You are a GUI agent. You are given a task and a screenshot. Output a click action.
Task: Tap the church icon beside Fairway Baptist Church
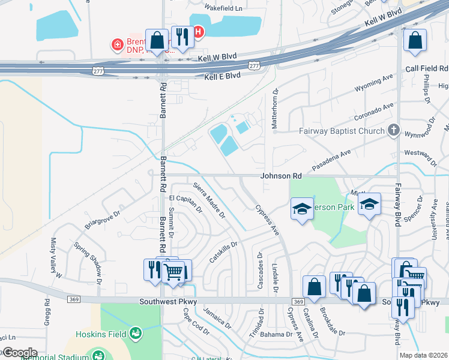[393, 130]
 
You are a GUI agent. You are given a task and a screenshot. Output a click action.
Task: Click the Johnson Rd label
[281, 176]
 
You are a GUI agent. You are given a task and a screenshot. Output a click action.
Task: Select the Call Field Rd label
[427, 69]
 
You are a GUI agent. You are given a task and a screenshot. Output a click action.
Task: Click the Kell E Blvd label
[222, 76]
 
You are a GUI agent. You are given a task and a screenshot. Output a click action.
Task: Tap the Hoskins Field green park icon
[136, 332]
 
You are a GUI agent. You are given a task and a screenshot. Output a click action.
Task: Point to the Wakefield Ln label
[223, 8]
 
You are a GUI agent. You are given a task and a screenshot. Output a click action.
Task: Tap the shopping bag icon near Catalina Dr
[314, 287]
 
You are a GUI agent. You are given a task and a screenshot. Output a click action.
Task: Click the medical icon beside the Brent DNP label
[118, 44]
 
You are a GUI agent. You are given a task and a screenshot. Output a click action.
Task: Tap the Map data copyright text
[423, 355]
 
